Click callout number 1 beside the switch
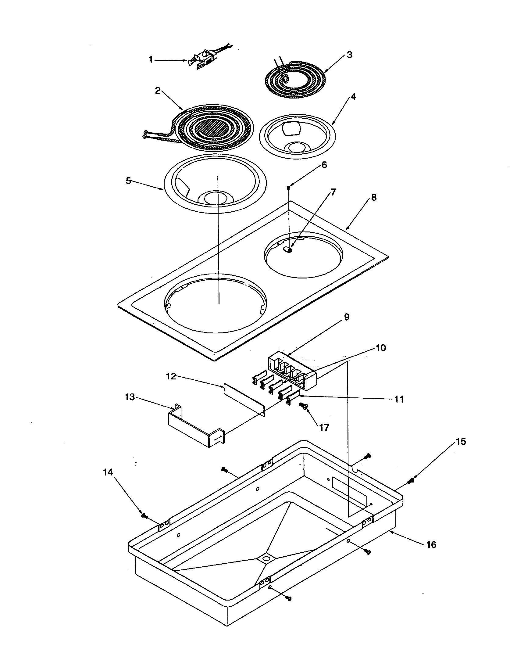click(150, 59)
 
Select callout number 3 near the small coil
click(349, 55)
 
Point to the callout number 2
click(158, 91)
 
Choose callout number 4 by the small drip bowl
click(353, 97)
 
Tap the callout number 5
click(128, 181)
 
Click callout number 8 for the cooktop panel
click(373, 198)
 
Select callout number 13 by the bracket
click(130, 397)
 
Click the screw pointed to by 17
click(303, 406)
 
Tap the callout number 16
click(431, 544)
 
